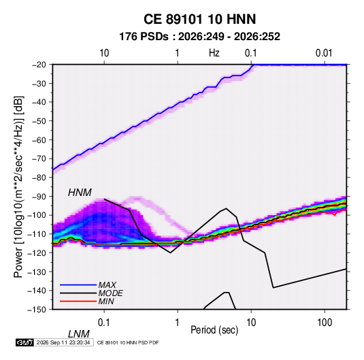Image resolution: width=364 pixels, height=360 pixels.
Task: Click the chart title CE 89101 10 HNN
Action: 199,19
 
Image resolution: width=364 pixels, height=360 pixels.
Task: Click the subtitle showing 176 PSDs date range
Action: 199,37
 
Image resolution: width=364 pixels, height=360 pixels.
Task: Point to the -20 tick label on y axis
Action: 39,65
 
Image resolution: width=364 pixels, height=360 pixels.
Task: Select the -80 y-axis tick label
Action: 39,178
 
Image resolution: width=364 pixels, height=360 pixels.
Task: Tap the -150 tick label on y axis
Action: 37,310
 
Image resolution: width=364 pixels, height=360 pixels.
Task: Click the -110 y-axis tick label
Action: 37,234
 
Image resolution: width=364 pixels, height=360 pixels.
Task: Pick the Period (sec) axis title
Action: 214,330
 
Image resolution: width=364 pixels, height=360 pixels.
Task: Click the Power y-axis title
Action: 18,187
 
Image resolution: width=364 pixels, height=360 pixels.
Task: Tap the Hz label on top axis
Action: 214,53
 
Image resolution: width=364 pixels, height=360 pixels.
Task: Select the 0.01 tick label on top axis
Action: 324,53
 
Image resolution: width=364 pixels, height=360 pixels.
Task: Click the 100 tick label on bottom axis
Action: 324,323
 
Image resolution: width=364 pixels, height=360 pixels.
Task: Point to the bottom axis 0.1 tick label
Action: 103,323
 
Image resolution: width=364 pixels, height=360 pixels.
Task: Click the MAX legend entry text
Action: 107,284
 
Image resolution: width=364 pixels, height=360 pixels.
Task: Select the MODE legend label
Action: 110,293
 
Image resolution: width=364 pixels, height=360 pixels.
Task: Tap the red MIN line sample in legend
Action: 78,301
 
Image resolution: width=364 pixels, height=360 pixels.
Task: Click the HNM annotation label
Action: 80,193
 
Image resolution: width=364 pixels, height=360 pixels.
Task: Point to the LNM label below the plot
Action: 79,334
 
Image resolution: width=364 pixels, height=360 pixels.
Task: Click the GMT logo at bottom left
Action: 25,342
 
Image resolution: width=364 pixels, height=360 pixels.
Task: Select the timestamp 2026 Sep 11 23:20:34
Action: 63,342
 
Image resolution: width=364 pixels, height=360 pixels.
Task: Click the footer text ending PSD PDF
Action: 128,342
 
